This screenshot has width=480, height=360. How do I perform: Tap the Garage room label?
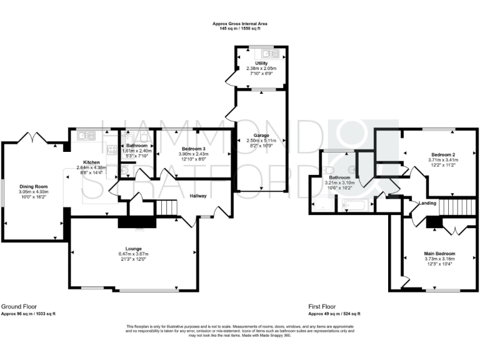261,134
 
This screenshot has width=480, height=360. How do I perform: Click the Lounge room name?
135,249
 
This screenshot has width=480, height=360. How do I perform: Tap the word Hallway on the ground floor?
199,196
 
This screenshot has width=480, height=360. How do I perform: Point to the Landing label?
427,203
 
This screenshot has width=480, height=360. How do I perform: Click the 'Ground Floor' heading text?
19,307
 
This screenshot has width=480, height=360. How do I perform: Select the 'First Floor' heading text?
324,307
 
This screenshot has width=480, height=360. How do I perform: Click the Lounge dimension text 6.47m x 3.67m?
135,254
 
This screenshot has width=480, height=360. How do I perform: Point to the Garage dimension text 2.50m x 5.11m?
261,140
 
